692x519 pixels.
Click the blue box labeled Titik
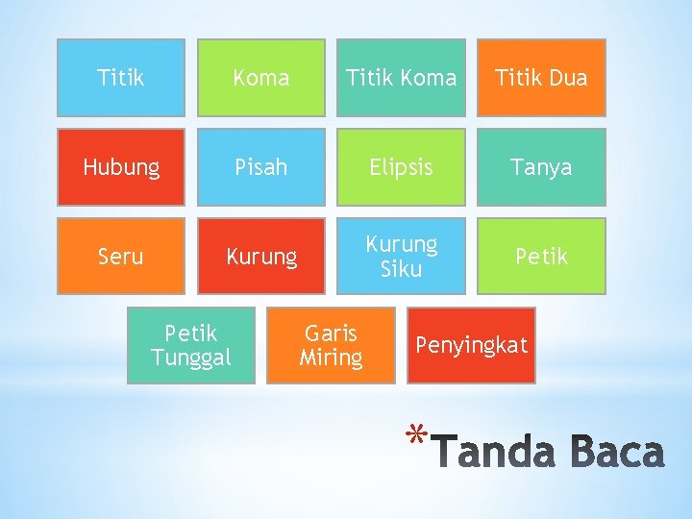point(121,78)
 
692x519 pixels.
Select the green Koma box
point(261,78)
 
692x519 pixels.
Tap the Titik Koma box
point(401,78)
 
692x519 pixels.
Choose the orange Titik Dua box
point(541,78)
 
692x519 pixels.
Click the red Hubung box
point(121,167)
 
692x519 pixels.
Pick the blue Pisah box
point(261,167)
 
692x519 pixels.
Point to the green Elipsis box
point(401,167)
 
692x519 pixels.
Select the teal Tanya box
point(541,167)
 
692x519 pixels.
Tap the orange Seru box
point(121,257)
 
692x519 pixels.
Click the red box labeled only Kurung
point(261,257)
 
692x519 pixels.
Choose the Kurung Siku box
point(401,257)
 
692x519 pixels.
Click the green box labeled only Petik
point(541,257)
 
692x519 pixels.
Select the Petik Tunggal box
point(191,346)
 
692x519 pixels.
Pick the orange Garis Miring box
point(331,346)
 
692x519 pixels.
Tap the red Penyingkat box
point(471,345)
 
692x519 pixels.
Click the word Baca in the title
point(614,453)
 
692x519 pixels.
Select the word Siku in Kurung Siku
point(401,269)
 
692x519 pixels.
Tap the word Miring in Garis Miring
point(331,358)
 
